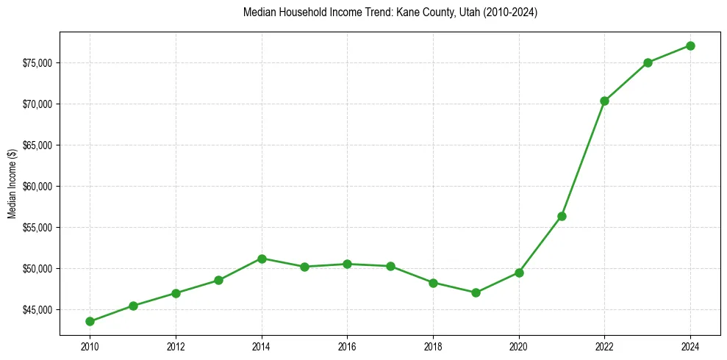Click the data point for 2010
[x=90, y=321]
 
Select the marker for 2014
[x=262, y=259]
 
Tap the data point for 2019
[x=476, y=292]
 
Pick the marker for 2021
[x=562, y=216]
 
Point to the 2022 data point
[x=604, y=101]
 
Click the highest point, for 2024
[x=690, y=46]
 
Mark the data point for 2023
[x=648, y=62]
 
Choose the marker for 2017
[x=390, y=266]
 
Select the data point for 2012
[x=176, y=293]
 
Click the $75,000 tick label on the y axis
[x=37, y=62]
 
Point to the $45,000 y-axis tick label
[x=37, y=309]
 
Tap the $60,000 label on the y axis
[x=37, y=186]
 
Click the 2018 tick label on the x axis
[x=433, y=346]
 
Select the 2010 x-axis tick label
[x=90, y=346]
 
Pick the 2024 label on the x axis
[x=690, y=346]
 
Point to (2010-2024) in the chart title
[x=509, y=12]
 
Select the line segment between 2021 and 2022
[x=583, y=159]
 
